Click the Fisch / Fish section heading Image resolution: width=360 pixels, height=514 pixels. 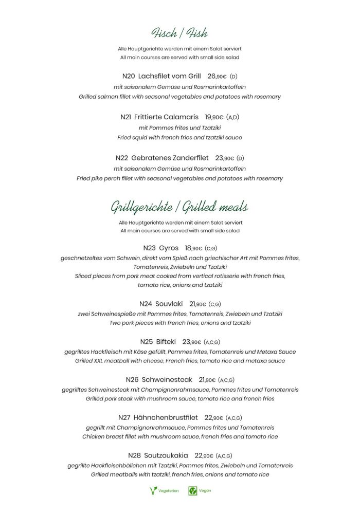[x=179, y=33]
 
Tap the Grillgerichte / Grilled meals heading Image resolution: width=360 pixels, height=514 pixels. [x=179, y=207]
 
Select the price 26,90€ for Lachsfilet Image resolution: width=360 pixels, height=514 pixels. [x=217, y=76]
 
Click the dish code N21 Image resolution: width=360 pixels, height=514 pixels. [x=125, y=117]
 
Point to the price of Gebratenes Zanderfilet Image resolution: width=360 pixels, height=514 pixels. [x=225, y=158]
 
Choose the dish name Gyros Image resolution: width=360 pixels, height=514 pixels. [x=169, y=248]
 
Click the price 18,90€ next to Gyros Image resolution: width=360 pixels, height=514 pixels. [x=194, y=248]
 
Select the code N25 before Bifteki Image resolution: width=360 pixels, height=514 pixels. [x=146, y=342]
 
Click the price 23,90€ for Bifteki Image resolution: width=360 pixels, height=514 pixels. [x=192, y=342]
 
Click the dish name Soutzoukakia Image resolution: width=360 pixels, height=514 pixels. [x=166, y=455]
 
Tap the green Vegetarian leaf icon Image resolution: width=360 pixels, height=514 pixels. [x=153, y=490]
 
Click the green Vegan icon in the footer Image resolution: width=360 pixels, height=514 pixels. [x=193, y=490]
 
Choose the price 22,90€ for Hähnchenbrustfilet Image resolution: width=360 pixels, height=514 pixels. [x=214, y=417]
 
